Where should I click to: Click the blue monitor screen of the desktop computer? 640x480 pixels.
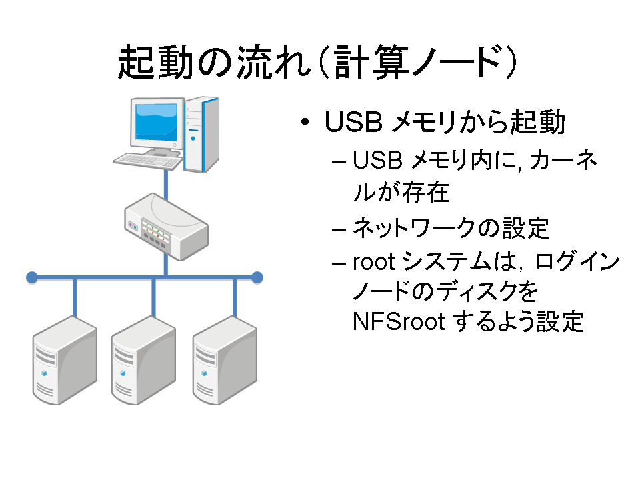pos(156,121)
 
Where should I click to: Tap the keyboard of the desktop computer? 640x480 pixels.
pos(147,161)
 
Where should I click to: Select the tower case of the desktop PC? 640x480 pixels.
pos(201,134)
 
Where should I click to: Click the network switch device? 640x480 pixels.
pos(166,227)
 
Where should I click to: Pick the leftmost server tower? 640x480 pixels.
pos(65,361)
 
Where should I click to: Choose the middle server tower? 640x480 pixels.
pos(144,361)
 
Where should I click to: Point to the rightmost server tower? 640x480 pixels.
pos(225,361)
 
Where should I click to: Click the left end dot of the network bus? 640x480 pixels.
pos(32,277)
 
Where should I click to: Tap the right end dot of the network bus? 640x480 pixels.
pos(257,277)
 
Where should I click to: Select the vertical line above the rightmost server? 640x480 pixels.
pos(235,298)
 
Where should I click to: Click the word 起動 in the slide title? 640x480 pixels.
pos(155,62)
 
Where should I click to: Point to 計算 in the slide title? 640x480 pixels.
pos(371,62)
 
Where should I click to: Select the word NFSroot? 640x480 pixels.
pos(399,321)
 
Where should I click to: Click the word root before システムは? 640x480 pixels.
pos(374,262)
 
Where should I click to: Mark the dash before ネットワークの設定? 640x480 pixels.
pos(339,230)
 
